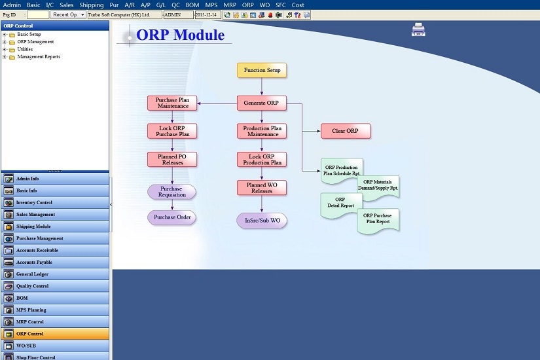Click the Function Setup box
[262, 70]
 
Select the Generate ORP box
[262, 103]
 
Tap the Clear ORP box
[346, 131]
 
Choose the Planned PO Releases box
[172, 160]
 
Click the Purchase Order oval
[172, 217]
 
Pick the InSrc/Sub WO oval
[262, 221]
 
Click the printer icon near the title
[418, 29]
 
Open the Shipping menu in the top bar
[91, 5]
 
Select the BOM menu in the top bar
[192, 5]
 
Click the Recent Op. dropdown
[68, 15]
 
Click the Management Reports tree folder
[39, 57]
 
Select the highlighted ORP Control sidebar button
[55, 334]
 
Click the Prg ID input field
[38, 15]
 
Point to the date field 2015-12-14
[207, 15]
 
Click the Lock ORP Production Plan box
[262, 160]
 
